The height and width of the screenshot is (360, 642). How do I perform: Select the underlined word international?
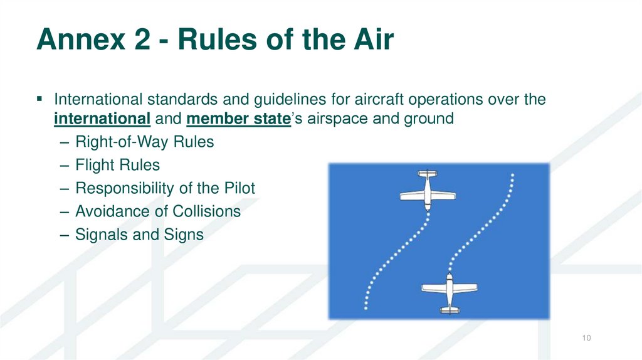click(102, 119)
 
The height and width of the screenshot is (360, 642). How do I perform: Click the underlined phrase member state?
click(238, 119)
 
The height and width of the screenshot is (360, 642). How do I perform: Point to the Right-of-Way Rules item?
click(144, 142)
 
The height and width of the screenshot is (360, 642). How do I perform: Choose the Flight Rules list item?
click(117, 166)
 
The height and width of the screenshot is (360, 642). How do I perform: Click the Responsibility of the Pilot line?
click(165, 189)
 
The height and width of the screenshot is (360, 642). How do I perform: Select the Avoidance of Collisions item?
click(157, 211)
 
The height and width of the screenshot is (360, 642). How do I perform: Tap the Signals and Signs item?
click(139, 235)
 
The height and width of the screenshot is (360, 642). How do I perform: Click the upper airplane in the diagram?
click(426, 189)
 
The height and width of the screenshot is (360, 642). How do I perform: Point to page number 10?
click(586, 339)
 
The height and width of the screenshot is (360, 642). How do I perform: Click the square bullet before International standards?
click(39, 99)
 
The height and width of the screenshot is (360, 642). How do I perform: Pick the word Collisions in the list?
click(206, 211)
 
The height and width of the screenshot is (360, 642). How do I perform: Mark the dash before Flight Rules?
click(66, 166)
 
